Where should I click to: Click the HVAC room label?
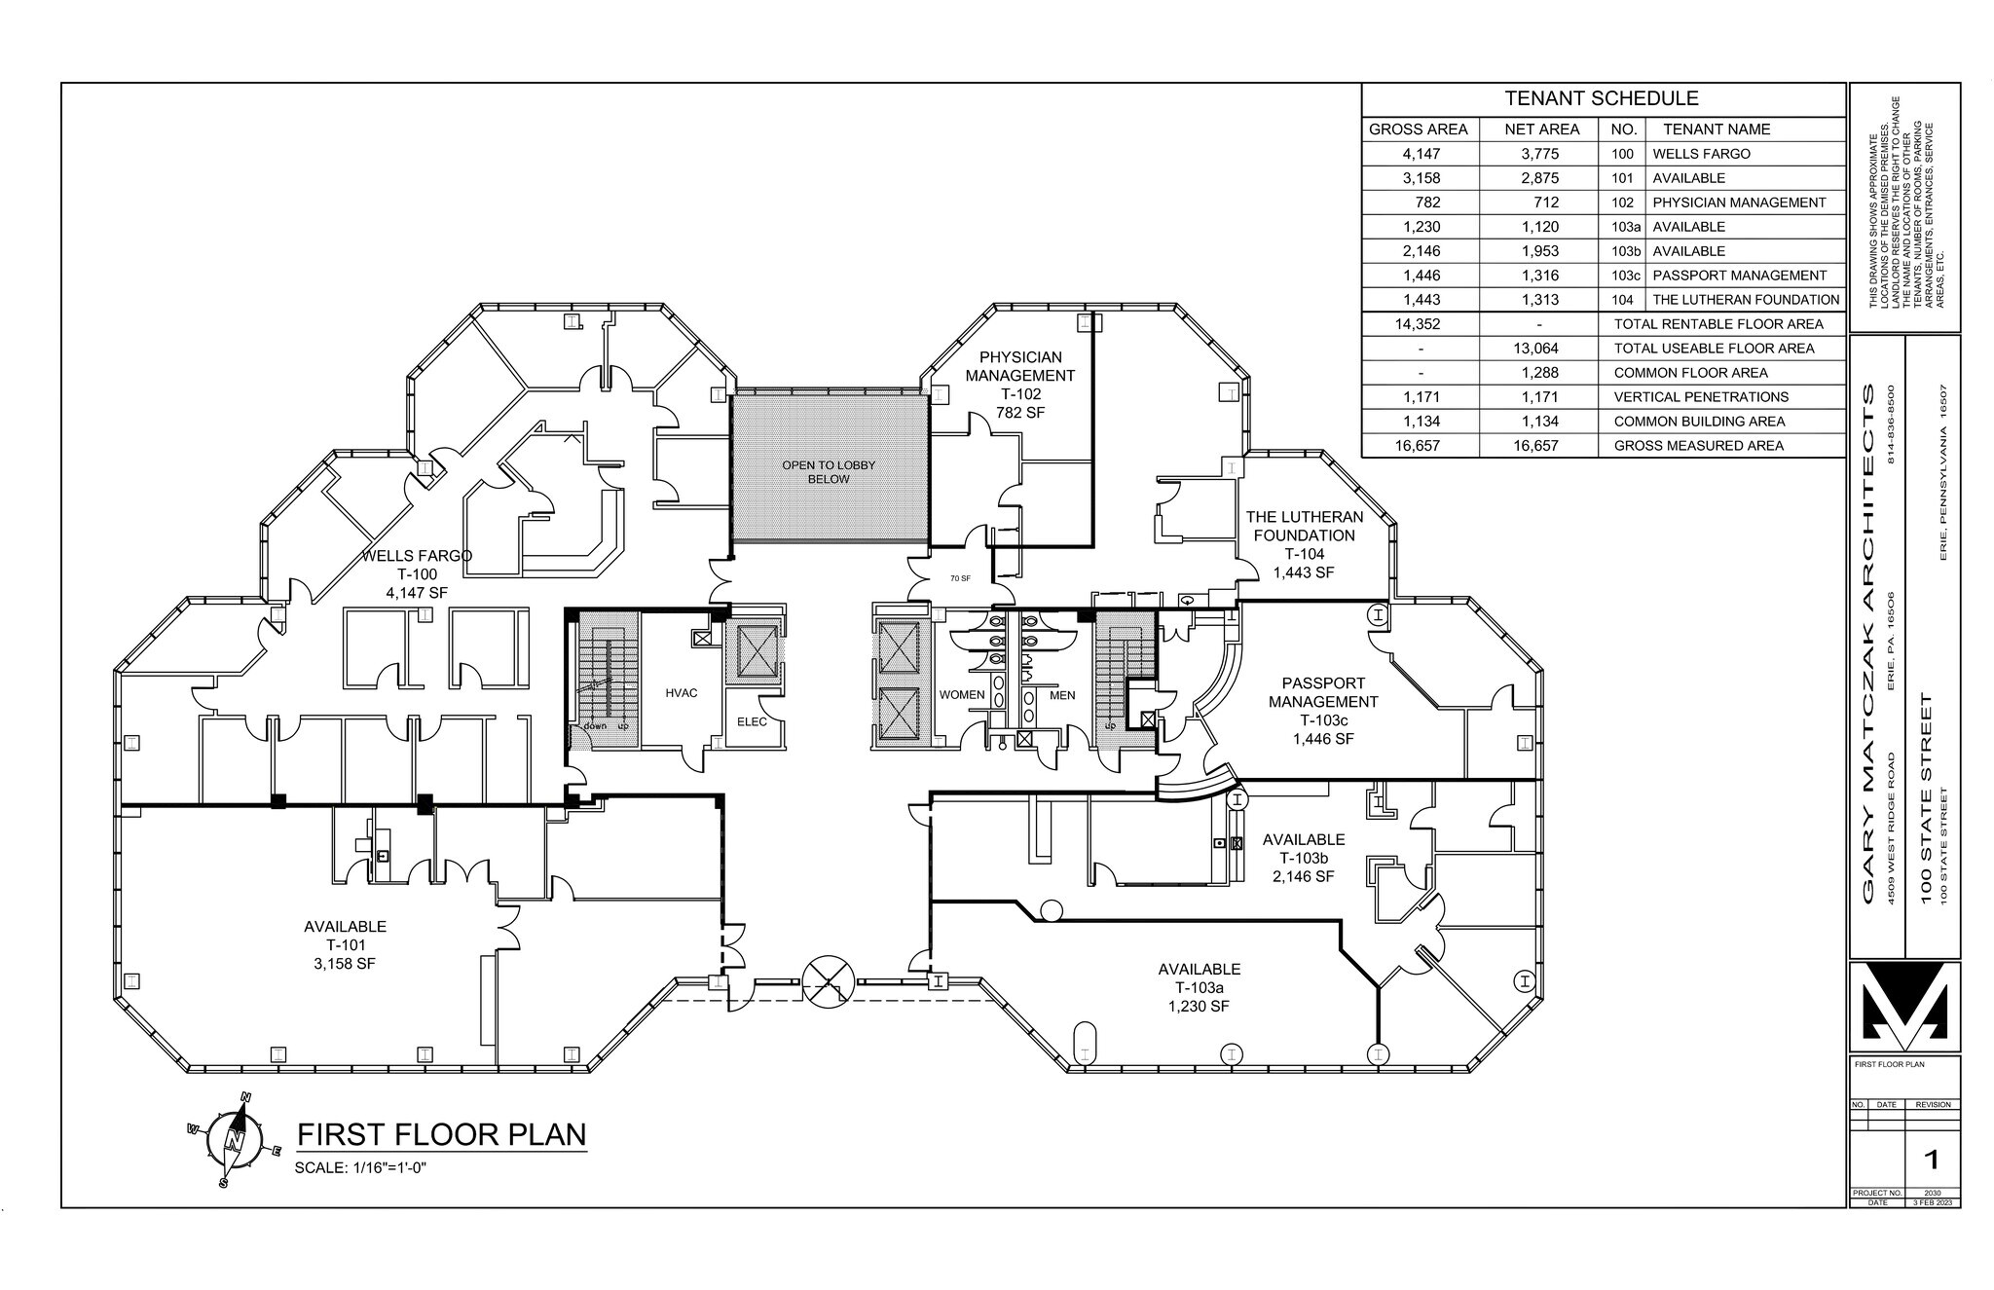[682, 693]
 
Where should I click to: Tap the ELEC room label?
[752, 721]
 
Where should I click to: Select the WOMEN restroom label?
[961, 695]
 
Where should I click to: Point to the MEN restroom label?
[1062, 695]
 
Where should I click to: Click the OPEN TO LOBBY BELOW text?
[829, 472]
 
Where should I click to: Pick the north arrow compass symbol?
[234, 1139]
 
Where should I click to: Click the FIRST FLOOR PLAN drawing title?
[441, 1135]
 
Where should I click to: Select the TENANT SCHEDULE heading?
[1602, 98]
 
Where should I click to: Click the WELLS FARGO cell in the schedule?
[1701, 154]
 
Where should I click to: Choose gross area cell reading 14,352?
[1421, 324]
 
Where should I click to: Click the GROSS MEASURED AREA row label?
[1699, 446]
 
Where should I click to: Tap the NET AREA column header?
[1541, 129]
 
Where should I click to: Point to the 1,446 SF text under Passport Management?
[1323, 739]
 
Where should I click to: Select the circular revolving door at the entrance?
[828, 979]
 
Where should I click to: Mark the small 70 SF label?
[960, 578]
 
